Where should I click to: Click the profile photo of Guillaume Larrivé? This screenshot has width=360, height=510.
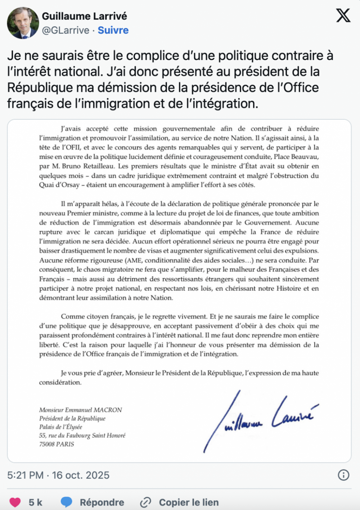coord(23,23)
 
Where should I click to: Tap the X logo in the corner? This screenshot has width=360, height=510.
coord(343,15)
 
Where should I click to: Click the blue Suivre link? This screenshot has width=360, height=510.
coord(113,30)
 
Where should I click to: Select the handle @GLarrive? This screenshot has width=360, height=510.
coord(66,30)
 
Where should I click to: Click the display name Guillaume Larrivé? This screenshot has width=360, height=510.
coord(84,16)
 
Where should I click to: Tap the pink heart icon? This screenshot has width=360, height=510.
coord(15,502)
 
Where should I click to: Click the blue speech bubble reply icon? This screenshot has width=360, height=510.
coord(67,502)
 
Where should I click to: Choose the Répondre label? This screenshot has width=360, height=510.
coord(102,502)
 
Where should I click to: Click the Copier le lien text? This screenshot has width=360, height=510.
coord(189,502)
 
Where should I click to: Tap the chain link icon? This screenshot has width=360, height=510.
coord(145,502)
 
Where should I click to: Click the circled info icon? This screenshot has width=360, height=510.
coord(343,475)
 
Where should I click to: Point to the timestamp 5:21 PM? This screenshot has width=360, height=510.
coord(25,475)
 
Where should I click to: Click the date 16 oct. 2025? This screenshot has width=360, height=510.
coord(81,475)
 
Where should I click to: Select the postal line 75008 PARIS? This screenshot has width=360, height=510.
coord(57,444)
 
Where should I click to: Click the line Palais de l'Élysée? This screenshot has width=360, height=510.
coord(60,427)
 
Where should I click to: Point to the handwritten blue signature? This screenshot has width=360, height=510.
coord(259,419)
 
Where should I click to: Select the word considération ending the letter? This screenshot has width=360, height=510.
coord(60,382)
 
